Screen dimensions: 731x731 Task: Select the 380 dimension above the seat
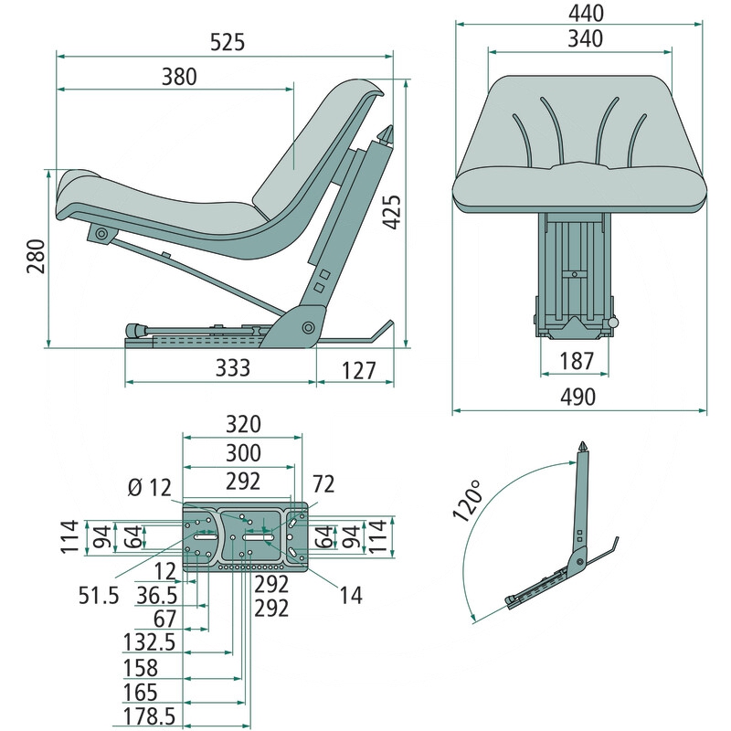point(179,77)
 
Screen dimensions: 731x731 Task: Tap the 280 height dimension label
point(35,260)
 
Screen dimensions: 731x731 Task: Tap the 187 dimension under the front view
point(575,362)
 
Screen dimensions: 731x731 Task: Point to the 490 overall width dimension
point(577,397)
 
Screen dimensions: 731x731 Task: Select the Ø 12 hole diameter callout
point(150,487)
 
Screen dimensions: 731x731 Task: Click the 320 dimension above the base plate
point(243,424)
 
